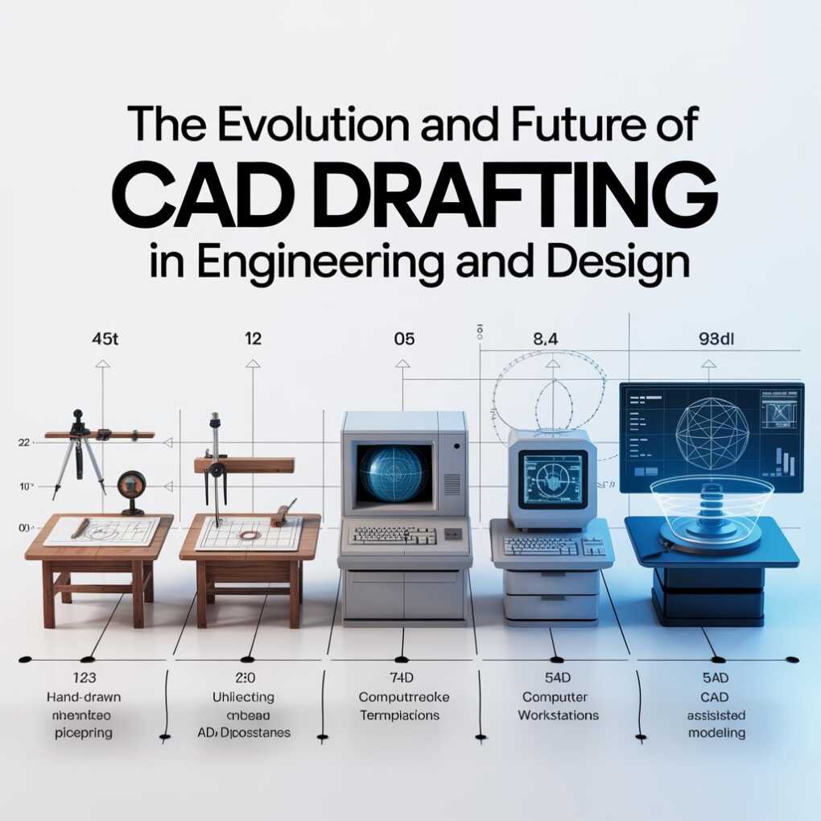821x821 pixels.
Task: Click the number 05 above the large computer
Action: (x=404, y=339)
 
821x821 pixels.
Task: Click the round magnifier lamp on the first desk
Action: (x=130, y=489)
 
